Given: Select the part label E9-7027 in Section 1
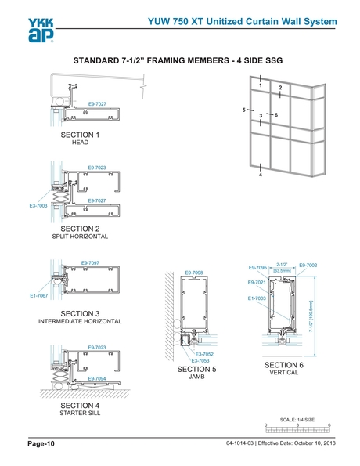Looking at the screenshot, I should [x=97, y=103].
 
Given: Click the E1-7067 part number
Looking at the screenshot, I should [x=39, y=295].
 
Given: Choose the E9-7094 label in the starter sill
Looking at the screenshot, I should [x=97, y=378].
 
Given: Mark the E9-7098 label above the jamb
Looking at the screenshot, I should [x=194, y=273].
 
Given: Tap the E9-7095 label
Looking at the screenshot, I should [x=258, y=267].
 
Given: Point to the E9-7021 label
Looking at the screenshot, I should [x=257, y=282].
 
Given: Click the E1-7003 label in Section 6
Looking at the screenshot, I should [x=257, y=298].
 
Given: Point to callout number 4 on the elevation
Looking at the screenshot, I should [x=259, y=175].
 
